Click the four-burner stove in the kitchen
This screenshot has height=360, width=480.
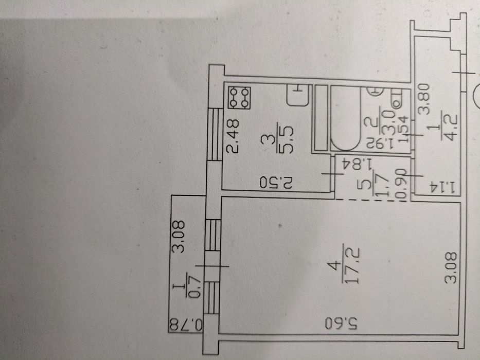coord(239,98)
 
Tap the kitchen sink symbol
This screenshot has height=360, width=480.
coord(297,96)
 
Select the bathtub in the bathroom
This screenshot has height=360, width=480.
coord(345,118)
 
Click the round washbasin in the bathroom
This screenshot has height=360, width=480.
coord(376,91)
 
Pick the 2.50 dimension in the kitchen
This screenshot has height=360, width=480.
coord(276,183)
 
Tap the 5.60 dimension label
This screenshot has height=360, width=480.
coord(341,323)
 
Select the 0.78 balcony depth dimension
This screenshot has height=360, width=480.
coord(186,325)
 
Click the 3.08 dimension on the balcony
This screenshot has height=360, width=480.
coord(179,237)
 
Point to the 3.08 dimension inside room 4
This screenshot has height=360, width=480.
coord(452,267)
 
